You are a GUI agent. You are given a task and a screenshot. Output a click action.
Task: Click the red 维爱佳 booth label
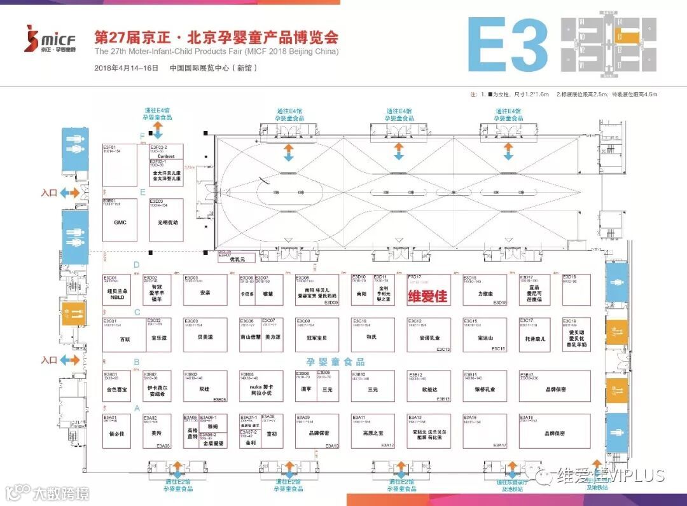tap(427, 296)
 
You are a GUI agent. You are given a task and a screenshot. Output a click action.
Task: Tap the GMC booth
tap(120, 223)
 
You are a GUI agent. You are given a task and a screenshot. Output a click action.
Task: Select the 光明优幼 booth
tap(167, 223)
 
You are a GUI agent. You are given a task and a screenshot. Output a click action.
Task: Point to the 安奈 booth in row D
tap(205, 293)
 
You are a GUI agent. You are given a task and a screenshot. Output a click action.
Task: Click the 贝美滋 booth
tap(205, 337)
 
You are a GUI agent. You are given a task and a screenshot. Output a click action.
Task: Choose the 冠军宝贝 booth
tap(317, 337)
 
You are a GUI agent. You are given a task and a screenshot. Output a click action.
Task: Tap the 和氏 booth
tap(372, 337)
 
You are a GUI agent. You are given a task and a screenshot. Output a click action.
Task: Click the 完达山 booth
tap(485, 337)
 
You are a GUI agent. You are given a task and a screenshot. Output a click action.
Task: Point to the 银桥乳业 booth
tap(485, 389)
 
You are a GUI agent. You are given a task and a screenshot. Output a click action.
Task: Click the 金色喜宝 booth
tap(117, 388)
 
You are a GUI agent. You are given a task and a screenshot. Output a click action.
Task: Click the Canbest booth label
tap(166, 156)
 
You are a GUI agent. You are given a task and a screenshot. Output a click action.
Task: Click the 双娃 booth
tap(205, 388)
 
